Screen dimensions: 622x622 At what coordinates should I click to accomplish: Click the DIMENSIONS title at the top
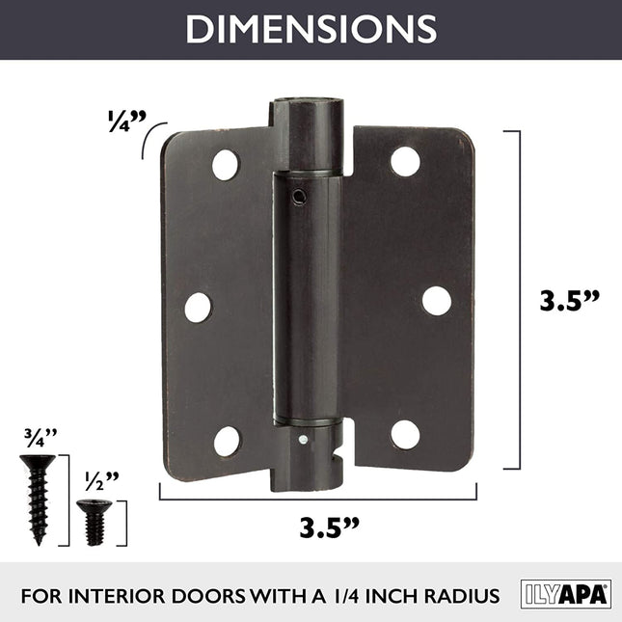tap(311, 29)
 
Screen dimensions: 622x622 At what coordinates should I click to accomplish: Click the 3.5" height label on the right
tap(569, 300)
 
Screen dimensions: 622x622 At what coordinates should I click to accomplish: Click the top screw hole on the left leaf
tap(226, 165)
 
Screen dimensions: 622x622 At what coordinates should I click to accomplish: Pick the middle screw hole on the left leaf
tap(198, 307)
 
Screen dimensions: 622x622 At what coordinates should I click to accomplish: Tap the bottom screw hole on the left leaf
tap(227, 441)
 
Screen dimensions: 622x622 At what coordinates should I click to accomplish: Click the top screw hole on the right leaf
tap(405, 161)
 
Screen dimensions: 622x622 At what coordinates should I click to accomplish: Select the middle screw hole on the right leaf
tap(436, 301)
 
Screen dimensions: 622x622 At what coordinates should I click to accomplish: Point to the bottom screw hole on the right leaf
tap(405, 434)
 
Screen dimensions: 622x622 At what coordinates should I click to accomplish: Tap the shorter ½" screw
tap(94, 521)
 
